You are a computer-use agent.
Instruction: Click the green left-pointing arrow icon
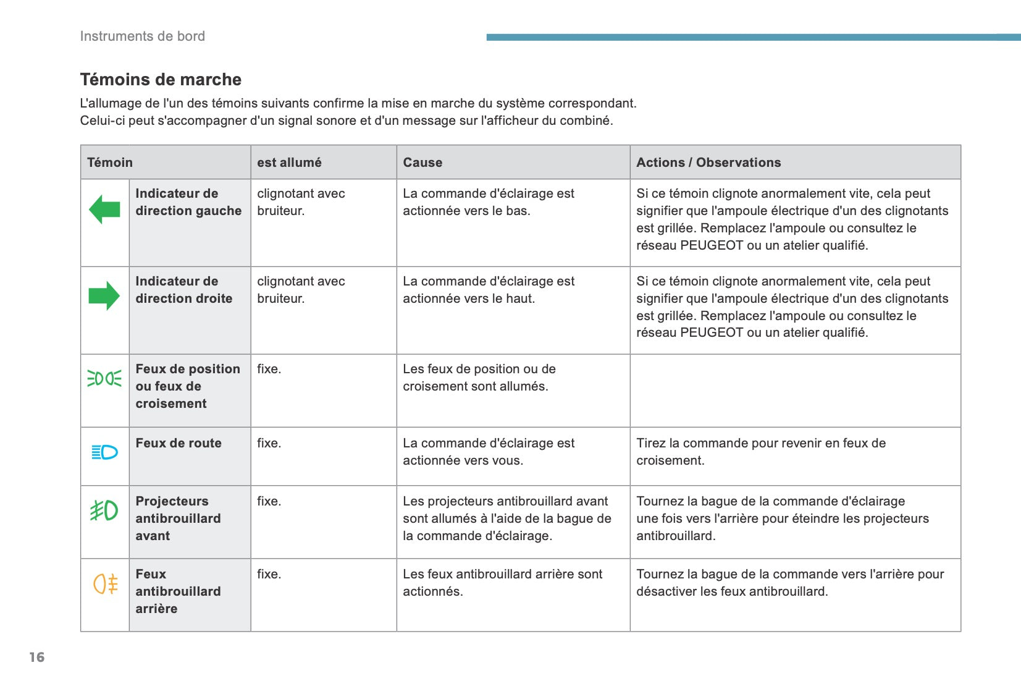click(104, 209)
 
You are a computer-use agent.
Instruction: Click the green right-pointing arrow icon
click(104, 295)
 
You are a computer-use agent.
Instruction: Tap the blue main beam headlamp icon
click(104, 452)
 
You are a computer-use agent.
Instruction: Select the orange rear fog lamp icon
click(105, 583)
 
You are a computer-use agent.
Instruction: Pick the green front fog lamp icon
click(104, 510)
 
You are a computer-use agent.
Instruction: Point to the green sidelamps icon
click(104, 378)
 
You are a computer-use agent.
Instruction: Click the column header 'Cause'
click(422, 163)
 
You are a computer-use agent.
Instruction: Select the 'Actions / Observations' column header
click(708, 163)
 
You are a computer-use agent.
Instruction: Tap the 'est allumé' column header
click(289, 163)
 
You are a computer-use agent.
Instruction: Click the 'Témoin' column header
click(110, 163)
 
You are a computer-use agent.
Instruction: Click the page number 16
click(37, 657)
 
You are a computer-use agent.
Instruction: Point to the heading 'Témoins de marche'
click(161, 80)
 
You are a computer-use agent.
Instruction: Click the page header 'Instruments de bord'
click(143, 36)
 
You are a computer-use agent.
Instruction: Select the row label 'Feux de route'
click(179, 443)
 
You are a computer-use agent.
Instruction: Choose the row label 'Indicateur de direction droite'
click(184, 290)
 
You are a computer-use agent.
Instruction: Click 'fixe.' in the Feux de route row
click(269, 443)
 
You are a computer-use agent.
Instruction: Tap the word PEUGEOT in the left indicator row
click(712, 245)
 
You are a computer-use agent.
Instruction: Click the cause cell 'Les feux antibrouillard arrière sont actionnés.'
click(502, 583)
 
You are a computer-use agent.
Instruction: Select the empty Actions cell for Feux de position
click(795, 391)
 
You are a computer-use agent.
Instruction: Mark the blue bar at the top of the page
click(753, 37)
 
